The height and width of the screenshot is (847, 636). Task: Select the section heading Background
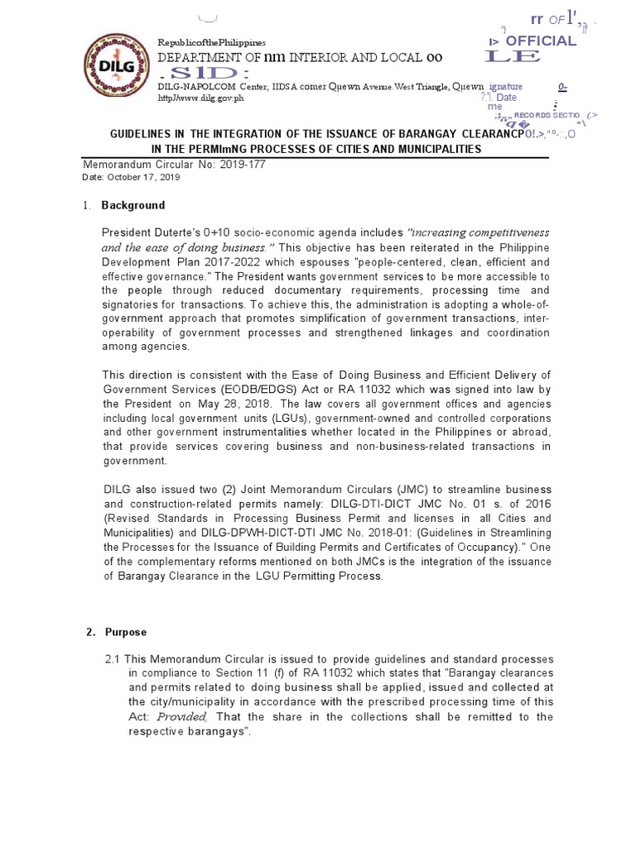[132, 205]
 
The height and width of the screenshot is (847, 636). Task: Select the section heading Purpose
[126, 632]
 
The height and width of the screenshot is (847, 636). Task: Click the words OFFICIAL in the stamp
[541, 41]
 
